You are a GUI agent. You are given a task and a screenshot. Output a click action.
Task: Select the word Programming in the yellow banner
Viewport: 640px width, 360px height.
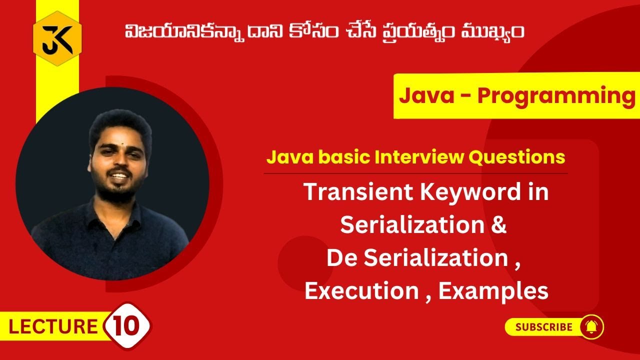point(555,96)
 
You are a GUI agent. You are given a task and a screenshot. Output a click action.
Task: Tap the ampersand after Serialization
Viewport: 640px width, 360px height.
point(498,225)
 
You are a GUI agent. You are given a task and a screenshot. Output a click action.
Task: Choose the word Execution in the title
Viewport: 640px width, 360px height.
point(360,291)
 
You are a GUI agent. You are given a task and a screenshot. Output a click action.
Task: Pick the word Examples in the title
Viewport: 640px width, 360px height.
point(493,291)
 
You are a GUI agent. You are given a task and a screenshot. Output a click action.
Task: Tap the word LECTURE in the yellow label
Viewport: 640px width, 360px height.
point(53,327)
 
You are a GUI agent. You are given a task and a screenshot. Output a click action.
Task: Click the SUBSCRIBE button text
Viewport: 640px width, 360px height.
point(544,327)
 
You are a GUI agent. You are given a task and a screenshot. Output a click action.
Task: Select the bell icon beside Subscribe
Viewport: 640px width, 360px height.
point(591,327)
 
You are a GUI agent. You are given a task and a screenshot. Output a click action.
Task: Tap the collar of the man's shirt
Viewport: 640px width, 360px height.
point(102,210)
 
